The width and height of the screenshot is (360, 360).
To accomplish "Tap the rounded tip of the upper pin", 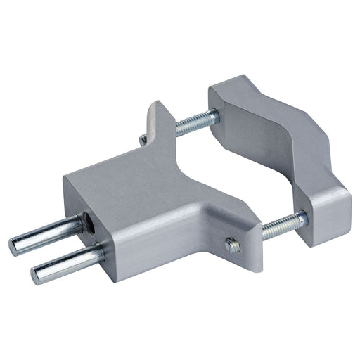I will pyautogui.click(x=14, y=245).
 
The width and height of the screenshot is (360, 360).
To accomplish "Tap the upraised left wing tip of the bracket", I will pyautogui.click(x=156, y=112).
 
